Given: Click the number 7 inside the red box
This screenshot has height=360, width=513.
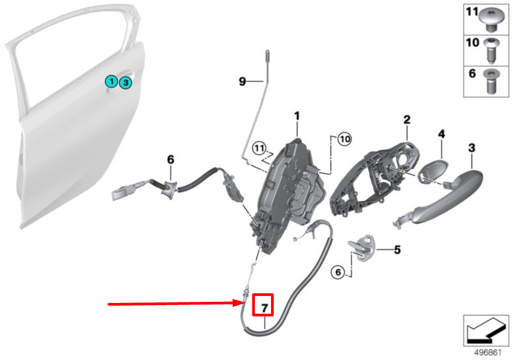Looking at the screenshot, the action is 265,308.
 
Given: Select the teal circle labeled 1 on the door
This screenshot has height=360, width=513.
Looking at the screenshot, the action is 111,81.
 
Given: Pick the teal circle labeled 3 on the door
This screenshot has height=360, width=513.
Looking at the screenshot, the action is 126,83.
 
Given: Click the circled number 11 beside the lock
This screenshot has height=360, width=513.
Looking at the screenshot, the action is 259,149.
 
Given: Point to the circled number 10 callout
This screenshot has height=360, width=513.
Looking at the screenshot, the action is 345,139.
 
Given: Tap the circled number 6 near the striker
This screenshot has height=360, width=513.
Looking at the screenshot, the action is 338,272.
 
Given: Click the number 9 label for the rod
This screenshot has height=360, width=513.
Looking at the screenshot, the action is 242,81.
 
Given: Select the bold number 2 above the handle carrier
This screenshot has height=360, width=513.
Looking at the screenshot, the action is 407,119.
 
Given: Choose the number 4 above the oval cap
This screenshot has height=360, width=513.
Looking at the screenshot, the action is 441,133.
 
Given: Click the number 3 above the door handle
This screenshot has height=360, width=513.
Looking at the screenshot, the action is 472,147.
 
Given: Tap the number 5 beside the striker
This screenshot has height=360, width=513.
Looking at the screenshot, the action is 397,250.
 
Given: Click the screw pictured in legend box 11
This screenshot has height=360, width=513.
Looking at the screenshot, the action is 490,20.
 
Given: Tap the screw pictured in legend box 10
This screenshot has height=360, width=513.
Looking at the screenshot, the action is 490,51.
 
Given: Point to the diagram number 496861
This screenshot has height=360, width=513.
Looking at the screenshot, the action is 488,352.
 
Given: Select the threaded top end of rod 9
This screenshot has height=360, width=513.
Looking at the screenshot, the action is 268,55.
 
